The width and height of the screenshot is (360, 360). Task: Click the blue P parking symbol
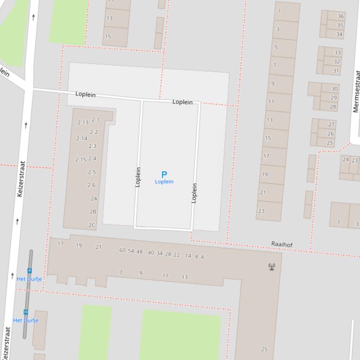click(x=164, y=174)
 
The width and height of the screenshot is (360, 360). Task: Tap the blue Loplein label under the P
click(x=164, y=182)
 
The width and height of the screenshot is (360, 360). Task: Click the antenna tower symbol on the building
click(x=272, y=266)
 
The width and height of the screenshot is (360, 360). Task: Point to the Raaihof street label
click(x=282, y=244)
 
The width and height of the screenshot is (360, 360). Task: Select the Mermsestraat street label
click(x=356, y=92)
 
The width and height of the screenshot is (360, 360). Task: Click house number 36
click(x=340, y=16)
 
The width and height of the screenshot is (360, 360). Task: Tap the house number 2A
click(x=94, y=199)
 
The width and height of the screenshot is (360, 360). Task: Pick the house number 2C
click(x=92, y=225)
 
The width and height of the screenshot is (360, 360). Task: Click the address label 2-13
click(x=82, y=122)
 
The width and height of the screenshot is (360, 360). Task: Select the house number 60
click(x=122, y=251)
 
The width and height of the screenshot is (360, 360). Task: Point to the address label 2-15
click(x=81, y=159)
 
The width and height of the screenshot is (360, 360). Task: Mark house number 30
click(x=334, y=89)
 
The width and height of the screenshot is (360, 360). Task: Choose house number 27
click(x=331, y=124)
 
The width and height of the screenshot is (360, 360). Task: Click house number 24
click(x=345, y=160)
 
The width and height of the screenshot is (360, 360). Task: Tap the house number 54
click(x=131, y=251)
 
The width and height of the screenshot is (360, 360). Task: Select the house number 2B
click(x=93, y=212)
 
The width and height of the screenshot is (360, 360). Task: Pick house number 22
click(x=176, y=255)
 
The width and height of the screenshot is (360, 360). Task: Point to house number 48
click(x=140, y=252)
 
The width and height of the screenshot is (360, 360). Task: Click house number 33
click(x=337, y=52)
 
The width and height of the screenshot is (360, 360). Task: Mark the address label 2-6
click(x=91, y=185)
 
